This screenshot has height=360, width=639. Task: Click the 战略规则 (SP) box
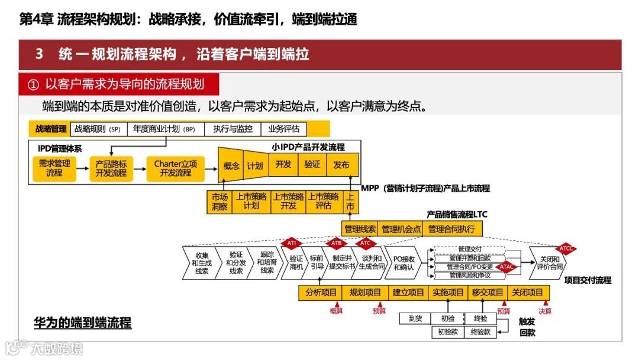[98, 129]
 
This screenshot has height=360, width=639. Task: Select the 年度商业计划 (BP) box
[164, 129]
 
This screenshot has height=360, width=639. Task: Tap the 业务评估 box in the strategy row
[284, 129]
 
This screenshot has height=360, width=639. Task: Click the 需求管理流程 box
[54, 168]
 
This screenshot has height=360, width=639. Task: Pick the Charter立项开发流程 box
[175, 168]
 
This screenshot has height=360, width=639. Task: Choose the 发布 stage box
[341, 165]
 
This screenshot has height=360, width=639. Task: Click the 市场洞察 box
[220, 201]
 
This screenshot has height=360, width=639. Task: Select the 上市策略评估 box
[323, 201]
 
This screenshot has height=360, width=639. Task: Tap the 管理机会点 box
[401, 229]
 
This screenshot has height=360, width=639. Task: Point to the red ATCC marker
[566, 248]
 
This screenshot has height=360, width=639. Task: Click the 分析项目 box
[321, 292]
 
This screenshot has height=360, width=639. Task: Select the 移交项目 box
[488, 292]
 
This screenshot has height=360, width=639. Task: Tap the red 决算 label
[544, 311]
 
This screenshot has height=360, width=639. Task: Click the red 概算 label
[336, 311]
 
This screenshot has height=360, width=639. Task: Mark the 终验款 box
[480, 332]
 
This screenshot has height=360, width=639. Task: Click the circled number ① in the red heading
[33, 85]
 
